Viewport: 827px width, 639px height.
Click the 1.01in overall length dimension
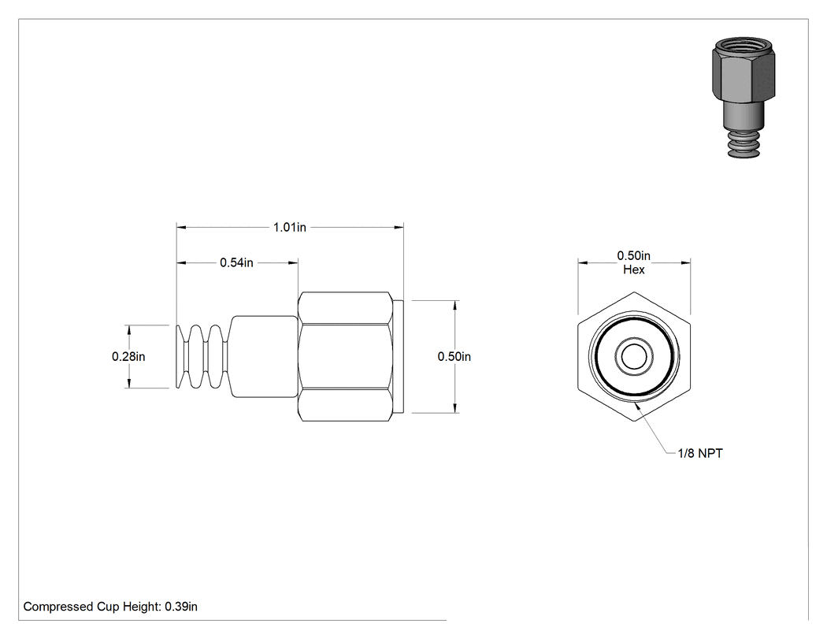click(290, 228)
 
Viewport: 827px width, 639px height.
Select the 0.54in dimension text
click(236, 263)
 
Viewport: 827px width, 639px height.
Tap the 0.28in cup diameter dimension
click(128, 357)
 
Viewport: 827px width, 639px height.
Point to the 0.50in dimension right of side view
click(454, 357)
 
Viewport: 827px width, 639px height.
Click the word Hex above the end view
click(634, 269)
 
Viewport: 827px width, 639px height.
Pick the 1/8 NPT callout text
click(700, 453)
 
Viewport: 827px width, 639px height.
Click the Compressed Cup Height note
click(110, 607)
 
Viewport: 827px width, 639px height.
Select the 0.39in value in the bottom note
click(181, 607)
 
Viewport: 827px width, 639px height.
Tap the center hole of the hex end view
click(634, 357)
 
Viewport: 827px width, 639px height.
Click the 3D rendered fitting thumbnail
click(744, 98)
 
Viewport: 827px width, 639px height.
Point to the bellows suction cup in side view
click(203, 357)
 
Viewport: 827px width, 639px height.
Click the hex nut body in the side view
click(346, 357)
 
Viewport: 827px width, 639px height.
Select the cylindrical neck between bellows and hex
click(264, 357)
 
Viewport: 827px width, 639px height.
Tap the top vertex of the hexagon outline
click(634, 292)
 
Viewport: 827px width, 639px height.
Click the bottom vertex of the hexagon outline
click(634, 422)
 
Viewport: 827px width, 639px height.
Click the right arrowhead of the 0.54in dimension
click(293, 263)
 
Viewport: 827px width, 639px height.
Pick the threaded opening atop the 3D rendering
click(744, 46)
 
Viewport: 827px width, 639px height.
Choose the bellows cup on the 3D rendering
click(744, 143)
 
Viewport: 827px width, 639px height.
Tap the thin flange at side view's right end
click(399, 357)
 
